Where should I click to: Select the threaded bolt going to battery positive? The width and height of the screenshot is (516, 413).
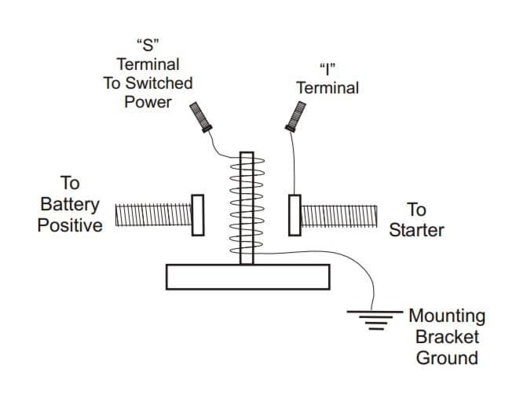tap(153, 214)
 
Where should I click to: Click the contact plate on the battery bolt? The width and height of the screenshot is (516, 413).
tap(198, 214)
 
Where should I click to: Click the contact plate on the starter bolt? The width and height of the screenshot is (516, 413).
tap(295, 214)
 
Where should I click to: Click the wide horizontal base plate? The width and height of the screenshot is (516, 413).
tap(247, 276)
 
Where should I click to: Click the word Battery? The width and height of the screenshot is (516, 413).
tap(70, 205)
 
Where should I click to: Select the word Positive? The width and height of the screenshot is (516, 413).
tap(70, 226)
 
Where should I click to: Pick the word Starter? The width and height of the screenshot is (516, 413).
tap(416, 231)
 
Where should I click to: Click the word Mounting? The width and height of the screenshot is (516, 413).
tap(447, 316)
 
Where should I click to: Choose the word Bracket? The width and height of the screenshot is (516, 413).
tap(447, 338)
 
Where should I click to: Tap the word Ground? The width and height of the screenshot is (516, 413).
tap(447, 359)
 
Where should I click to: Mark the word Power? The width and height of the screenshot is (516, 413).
tap(148, 103)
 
